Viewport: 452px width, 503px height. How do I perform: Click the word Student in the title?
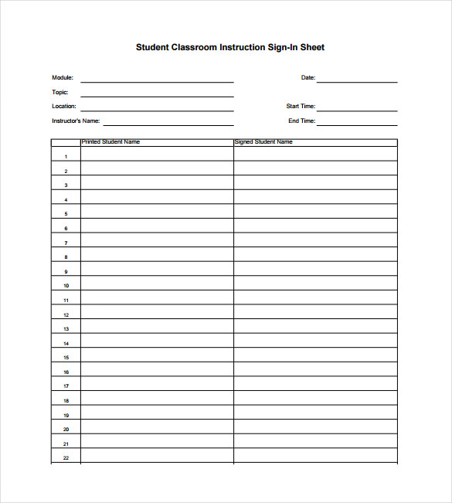coord(153,47)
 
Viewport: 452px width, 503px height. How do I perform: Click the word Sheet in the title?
coord(311,47)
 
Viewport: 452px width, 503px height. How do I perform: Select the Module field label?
coord(63,78)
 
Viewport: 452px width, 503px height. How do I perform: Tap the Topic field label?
coord(60,93)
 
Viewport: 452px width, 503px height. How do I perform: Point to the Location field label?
coord(64,107)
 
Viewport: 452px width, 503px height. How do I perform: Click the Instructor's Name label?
coord(76,121)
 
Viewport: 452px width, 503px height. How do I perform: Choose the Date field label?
coord(308,78)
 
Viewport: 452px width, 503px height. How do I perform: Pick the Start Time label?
coord(301,107)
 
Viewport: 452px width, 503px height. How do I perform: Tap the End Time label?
coord(301,121)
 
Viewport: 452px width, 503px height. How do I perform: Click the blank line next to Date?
coord(357,80)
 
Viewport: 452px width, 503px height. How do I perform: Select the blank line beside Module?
coord(157,80)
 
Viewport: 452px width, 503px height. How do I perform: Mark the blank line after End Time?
coord(357,124)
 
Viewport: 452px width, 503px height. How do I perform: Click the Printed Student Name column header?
coord(110,142)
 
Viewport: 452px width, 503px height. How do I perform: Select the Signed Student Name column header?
coord(263,142)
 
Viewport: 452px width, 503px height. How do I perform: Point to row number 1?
coord(66,157)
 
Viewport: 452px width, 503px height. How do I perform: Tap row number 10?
coord(66,286)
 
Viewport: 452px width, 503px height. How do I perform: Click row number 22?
coord(66,458)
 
